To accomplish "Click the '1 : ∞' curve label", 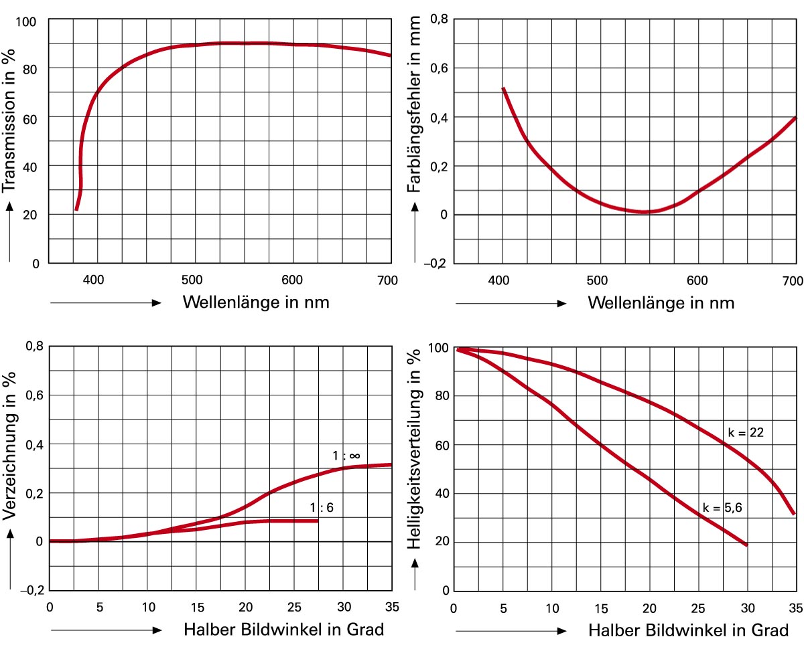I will coord(346,456).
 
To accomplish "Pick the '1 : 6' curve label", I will coord(321,508).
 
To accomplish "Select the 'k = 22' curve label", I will coord(746,433).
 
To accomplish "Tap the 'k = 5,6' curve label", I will coord(723,507).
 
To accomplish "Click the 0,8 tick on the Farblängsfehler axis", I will coord(438,19).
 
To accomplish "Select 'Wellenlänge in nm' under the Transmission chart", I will coord(255,302).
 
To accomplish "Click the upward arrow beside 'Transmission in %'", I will coord(10,231).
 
